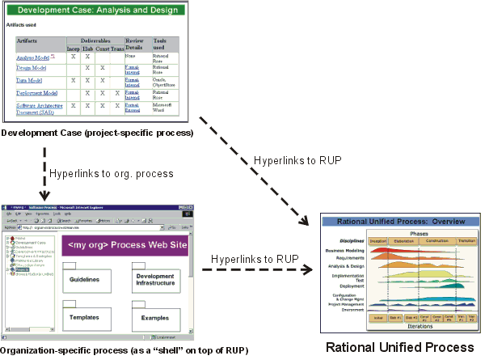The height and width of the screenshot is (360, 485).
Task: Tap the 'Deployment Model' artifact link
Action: tap(36, 93)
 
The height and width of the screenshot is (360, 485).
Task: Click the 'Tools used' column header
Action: tap(161, 43)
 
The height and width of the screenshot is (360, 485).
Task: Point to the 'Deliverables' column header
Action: tap(95, 40)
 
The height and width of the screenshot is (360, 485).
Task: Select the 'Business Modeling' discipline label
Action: tap(345, 252)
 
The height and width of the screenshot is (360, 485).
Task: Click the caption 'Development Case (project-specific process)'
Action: tap(97, 132)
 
